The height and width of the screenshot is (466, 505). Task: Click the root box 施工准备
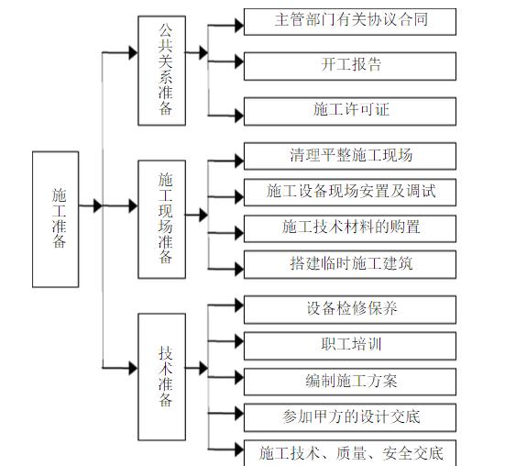(x=56, y=217)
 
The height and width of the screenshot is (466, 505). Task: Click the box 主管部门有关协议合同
(x=350, y=20)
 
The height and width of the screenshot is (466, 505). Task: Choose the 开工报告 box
(x=350, y=65)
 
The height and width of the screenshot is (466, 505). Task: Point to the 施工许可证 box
(x=350, y=109)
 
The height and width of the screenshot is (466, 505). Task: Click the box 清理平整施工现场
(x=350, y=154)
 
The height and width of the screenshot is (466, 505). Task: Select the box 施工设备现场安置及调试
(x=350, y=191)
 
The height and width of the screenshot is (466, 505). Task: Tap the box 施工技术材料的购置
(x=350, y=227)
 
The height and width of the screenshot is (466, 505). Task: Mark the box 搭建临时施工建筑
(x=350, y=263)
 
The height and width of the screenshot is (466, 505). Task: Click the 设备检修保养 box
(x=350, y=308)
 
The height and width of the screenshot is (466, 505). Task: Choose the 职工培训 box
(x=350, y=345)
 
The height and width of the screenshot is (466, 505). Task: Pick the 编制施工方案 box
(x=350, y=381)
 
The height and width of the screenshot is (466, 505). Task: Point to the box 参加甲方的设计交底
(x=350, y=416)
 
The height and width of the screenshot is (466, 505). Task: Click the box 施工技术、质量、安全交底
(x=350, y=452)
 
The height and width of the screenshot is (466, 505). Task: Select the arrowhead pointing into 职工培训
(x=237, y=345)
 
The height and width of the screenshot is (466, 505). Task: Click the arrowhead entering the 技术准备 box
(x=132, y=366)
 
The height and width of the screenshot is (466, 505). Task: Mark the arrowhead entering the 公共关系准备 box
(x=132, y=53)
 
